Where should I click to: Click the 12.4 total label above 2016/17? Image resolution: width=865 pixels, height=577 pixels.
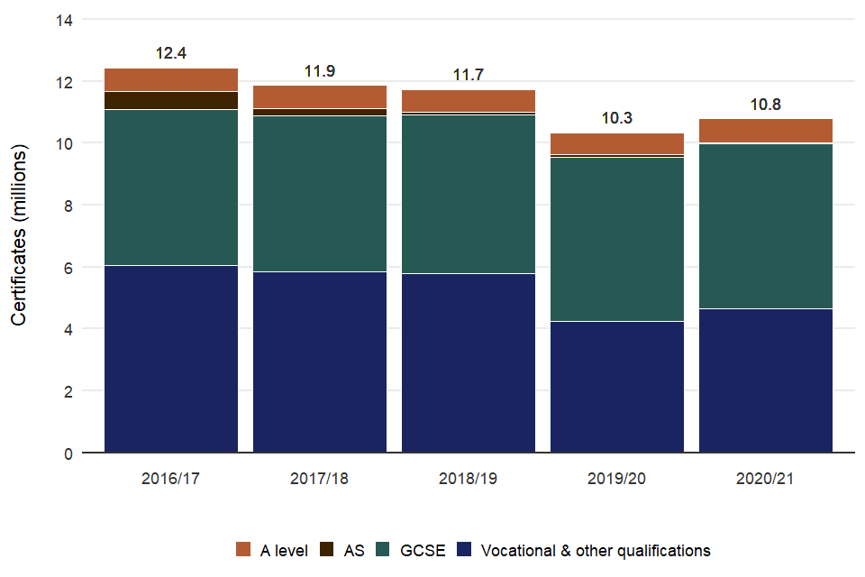(x=171, y=53)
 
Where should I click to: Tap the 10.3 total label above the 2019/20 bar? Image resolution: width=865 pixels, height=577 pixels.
(x=617, y=118)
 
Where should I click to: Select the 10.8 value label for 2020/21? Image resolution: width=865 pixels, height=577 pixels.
(x=766, y=104)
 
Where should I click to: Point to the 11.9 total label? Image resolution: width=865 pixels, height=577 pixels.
(x=320, y=71)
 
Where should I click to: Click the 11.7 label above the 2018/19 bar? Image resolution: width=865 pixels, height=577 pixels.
(x=469, y=75)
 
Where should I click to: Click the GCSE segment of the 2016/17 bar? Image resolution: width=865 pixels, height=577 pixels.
(x=171, y=188)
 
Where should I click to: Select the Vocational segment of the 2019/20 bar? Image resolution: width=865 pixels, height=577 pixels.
(x=617, y=387)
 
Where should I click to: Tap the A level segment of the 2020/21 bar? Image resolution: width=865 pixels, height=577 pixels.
(x=766, y=131)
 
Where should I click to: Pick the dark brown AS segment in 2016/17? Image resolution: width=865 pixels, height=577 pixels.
(x=171, y=100)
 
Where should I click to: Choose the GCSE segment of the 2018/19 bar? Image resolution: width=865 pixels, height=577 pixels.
(x=469, y=194)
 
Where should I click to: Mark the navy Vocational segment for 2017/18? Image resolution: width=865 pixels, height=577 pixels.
(x=320, y=362)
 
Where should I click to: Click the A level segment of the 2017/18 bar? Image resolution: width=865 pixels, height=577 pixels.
(x=320, y=96)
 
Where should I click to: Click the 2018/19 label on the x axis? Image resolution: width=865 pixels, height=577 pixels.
(x=469, y=479)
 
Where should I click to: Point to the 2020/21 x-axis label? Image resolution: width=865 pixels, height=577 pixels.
(x=766, y=479)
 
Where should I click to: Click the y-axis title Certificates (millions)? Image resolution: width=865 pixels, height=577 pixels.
(x=20, y=236)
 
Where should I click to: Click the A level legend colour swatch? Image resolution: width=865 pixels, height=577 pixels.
(x=242, y=550)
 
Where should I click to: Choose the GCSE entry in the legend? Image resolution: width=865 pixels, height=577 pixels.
(x=423, y=550)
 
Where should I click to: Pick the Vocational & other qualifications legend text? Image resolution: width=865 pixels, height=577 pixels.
(x=596, y=550)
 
